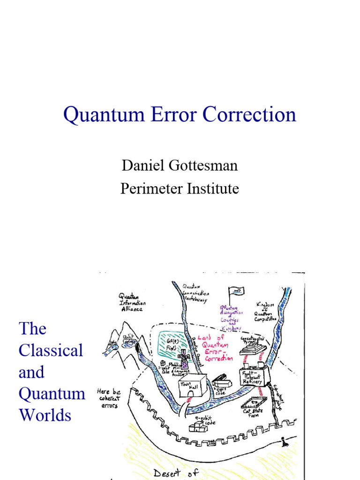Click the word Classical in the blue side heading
(51, 351)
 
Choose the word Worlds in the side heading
(45, 415)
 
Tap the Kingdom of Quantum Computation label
(266, 312)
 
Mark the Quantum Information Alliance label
(130, 302)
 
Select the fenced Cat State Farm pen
(254, 403)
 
